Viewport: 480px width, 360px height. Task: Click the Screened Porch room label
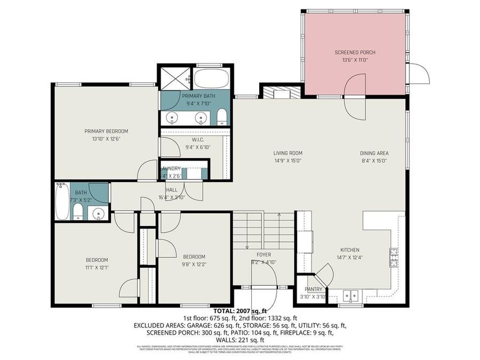tap(355, 52)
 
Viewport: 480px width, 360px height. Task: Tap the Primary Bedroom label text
tap(106, 131)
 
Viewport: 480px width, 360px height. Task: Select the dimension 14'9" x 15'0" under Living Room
tap(288, 161)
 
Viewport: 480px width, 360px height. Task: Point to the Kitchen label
tap(350, 250)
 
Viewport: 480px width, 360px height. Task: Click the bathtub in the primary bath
tap(211, 79)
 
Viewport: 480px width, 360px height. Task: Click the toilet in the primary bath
tap(222, 117)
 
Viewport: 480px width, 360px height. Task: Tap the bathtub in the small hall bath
tap(62, 201)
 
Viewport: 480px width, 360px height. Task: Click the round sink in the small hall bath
tap(98, 213)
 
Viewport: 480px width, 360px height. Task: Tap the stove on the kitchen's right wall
tap(395, 258)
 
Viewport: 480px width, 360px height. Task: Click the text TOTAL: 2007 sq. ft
tap(240, 310)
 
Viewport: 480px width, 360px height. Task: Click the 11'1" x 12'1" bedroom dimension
tap(97, 267)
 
